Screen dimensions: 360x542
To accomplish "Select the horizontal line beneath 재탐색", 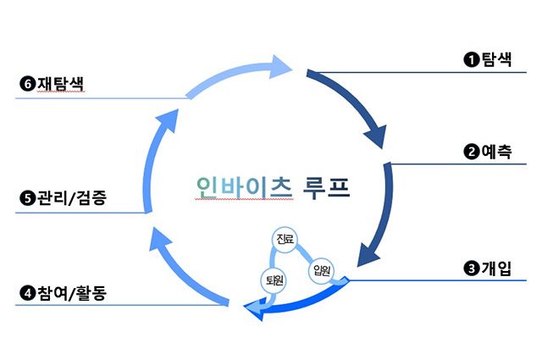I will click(x=102, y=98).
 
